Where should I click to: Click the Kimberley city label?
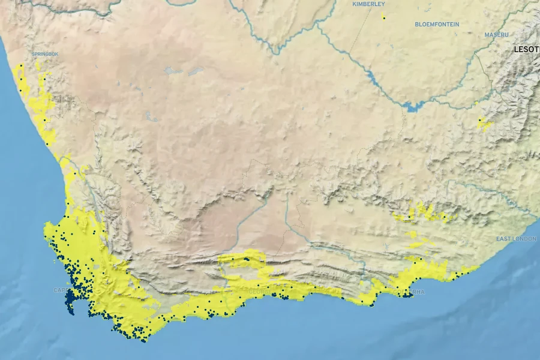pyautogui.click(x=368, y=4)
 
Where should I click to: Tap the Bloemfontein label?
pyautogui.click(x=437, y=25)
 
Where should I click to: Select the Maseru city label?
pyautogui.click(x=496, y=35)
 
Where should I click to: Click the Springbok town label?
pyautogui.click(x=45, y=54)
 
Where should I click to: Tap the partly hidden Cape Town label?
pyautogui.click(x=61, y=290)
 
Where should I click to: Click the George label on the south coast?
pyautogui.click(x=259, y=292)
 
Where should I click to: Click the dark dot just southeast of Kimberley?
pyautogui.click(x=383, y=18)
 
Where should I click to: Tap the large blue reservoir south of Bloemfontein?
pyautogui.click(x=413, y=107)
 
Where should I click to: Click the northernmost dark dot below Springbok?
pyautogui.click(x=22, y=65)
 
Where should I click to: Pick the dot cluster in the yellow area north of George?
pyautogui.click(x=246, y=259)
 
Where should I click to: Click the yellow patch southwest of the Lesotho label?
pyautogui.click(x=482, y=124)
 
